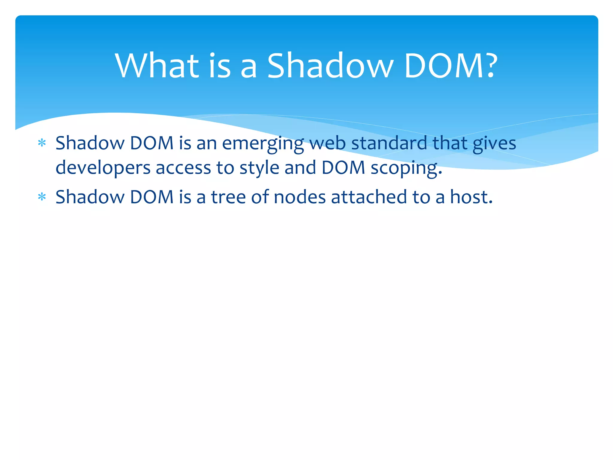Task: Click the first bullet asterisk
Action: (42, 143)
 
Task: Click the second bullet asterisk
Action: (42, 197)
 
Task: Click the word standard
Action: (389, 143)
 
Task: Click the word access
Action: (183, 168)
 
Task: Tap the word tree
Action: (228, 197)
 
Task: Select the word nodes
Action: (300, 197)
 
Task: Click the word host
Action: (471, 197)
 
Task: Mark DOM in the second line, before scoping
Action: (343, 168)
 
